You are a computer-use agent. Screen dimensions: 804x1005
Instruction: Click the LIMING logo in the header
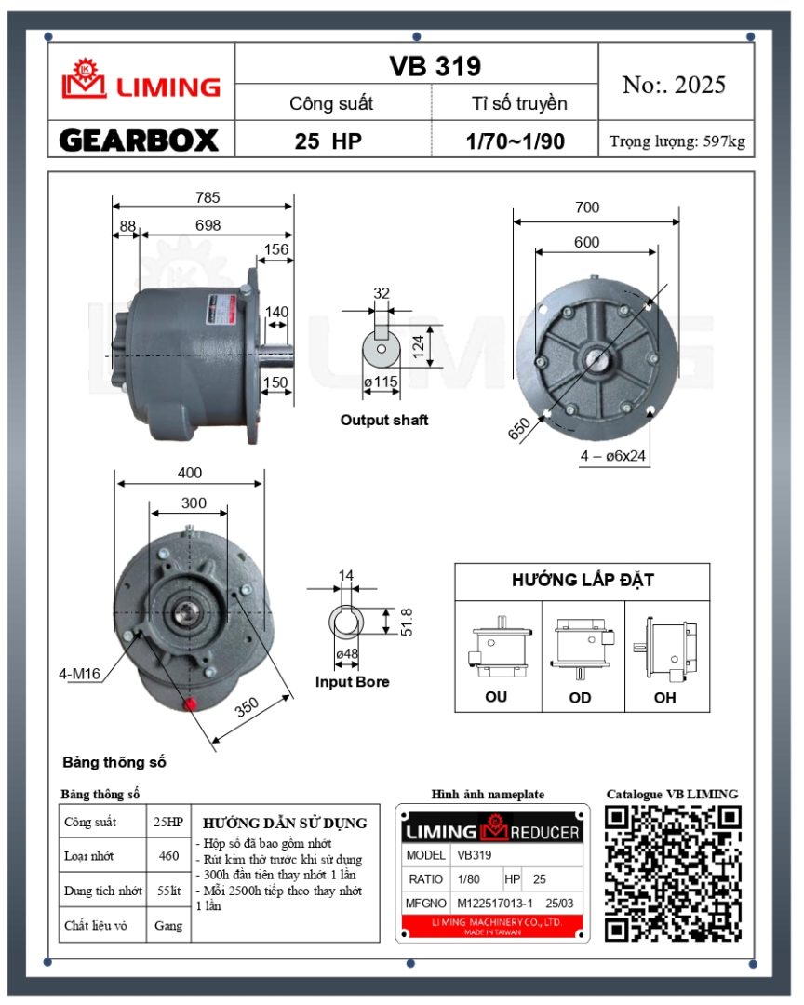pyautogui.click(x=141, y=81)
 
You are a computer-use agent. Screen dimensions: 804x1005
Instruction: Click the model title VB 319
pyautogui.click(x=435, y=66)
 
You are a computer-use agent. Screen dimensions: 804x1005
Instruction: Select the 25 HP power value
pyautogui.click(x=328, y=141)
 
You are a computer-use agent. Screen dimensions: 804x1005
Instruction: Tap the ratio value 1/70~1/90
pyautogui.click(x=516, y=141)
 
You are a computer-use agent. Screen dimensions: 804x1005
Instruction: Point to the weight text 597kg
pyautogui.click(x=725, y=141)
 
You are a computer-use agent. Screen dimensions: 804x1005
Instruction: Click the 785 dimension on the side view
pyautogui.click(x=208, y=197)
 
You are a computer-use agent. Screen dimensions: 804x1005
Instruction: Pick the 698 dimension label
pyautogui.click(x=208, y=225)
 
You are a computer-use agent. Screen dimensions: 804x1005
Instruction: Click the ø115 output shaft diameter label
pyautogui.click(x=381, y=382)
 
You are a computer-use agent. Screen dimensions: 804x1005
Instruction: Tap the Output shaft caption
pyautogui.click(x=384, y=420)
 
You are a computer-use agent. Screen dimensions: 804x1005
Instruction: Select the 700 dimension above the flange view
pyautogui.click(x=587, y=207)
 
